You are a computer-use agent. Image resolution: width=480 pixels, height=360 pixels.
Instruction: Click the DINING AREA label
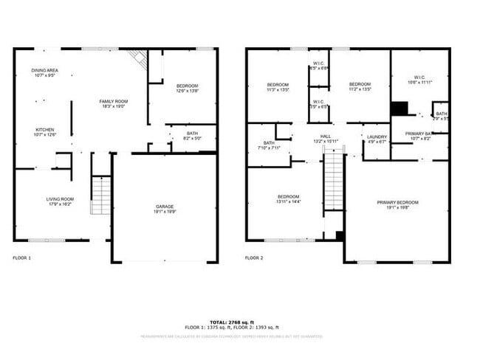[45, 71]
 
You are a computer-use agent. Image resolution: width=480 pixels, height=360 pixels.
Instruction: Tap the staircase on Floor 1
[100, 195]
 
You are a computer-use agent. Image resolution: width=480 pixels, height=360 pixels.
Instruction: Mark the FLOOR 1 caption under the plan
[22, 257]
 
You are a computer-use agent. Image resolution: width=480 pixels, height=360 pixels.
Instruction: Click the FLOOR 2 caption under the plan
[253, 257]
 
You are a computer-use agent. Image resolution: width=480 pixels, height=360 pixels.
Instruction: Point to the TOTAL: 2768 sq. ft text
[232, 322]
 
